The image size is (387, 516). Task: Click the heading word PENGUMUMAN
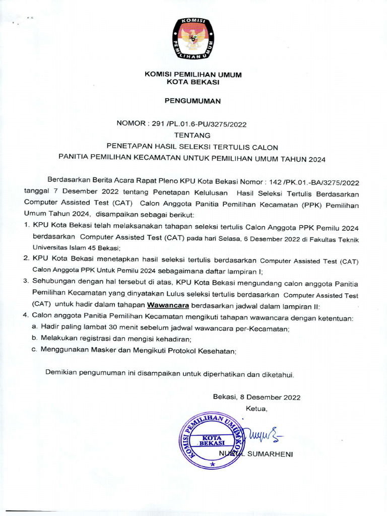(193, 101)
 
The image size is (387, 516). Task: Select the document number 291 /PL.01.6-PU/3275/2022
(199, 122)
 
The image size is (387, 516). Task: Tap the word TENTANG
(193, 135)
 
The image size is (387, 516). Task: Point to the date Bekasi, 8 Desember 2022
(256, 397)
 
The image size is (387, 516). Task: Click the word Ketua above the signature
(256, 408)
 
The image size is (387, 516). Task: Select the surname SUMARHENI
(270, 454)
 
